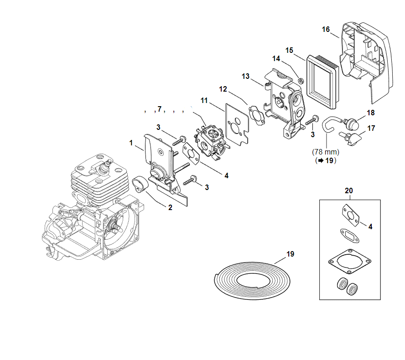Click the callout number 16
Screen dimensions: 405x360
coord(326,29)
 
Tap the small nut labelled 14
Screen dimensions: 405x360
coord(301,81)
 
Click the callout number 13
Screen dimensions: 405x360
coord(245,76)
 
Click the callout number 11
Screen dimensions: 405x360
coord(204,100)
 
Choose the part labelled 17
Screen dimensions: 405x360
coord(351,138)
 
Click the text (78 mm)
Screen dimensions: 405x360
coord(326,152)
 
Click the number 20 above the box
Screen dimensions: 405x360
coord(349,190)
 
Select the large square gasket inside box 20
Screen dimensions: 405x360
coord(350,262)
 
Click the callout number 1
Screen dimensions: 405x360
coord(131,143)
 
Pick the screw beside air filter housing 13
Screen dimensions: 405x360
coord(312,120)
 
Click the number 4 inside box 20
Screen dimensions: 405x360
coord(370,226)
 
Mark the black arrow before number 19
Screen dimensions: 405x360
coord(321,160)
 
